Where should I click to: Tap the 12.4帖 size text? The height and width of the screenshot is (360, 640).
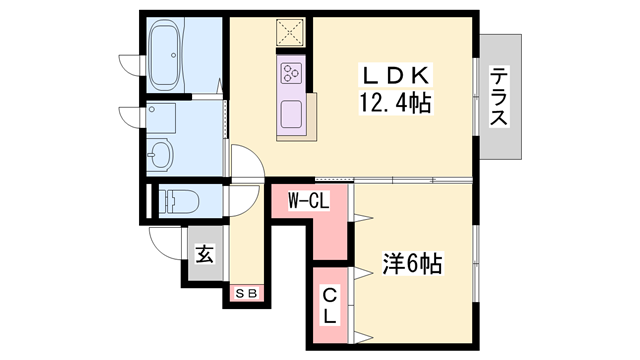pos(392,102)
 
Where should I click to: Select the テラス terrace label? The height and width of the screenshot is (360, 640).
pos(499,96)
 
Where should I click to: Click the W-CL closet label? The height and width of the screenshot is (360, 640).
pos(309,200)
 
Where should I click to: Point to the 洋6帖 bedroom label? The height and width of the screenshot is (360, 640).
pos(412,265)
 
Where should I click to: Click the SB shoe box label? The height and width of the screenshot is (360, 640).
pos(246,293)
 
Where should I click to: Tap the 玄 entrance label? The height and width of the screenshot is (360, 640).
pos(204,254)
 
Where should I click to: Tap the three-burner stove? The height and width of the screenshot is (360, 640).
pos(292,72)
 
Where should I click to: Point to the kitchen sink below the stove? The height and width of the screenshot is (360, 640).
pos(293,112)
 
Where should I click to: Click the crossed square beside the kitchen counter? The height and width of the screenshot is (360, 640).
pos(292,31)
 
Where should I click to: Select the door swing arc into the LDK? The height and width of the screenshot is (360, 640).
pos(245,162)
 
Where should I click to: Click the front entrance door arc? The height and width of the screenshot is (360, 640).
pos(162,241)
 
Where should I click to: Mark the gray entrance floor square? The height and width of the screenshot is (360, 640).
pos(203,255)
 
